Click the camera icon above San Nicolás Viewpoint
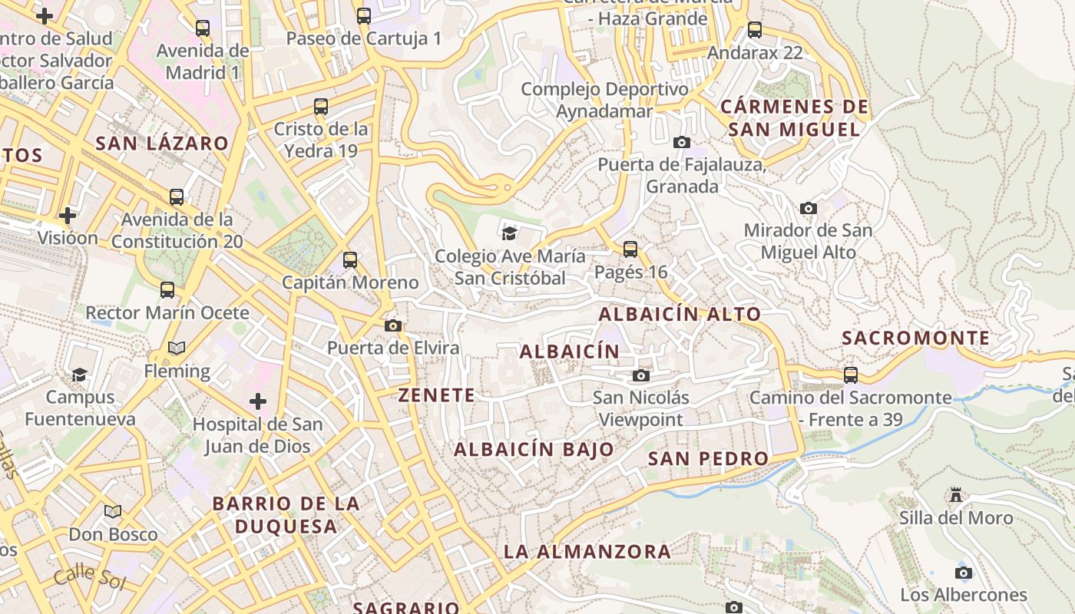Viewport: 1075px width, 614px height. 641,375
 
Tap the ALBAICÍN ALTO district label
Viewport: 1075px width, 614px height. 680,314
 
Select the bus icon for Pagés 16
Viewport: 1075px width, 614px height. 630,249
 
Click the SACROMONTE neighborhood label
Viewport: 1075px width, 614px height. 915,338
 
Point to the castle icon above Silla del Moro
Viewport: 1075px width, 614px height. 956,495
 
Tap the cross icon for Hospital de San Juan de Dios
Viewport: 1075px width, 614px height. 258,401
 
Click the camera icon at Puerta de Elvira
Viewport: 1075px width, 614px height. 393,325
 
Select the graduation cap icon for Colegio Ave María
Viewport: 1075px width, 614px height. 508,233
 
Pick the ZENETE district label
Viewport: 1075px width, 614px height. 436,395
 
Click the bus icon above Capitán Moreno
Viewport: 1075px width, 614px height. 350,259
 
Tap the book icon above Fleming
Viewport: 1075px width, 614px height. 177,348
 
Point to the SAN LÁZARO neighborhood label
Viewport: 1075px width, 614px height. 162,144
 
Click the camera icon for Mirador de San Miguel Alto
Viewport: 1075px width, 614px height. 808,208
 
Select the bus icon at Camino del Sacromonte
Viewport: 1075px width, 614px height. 851,375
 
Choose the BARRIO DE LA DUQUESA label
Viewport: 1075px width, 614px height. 286,515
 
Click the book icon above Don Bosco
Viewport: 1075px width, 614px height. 113,511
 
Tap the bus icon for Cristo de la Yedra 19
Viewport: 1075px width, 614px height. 321,107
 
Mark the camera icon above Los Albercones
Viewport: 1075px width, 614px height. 964,573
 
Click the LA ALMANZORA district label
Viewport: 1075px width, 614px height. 587,551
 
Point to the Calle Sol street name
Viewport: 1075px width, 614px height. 90,576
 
